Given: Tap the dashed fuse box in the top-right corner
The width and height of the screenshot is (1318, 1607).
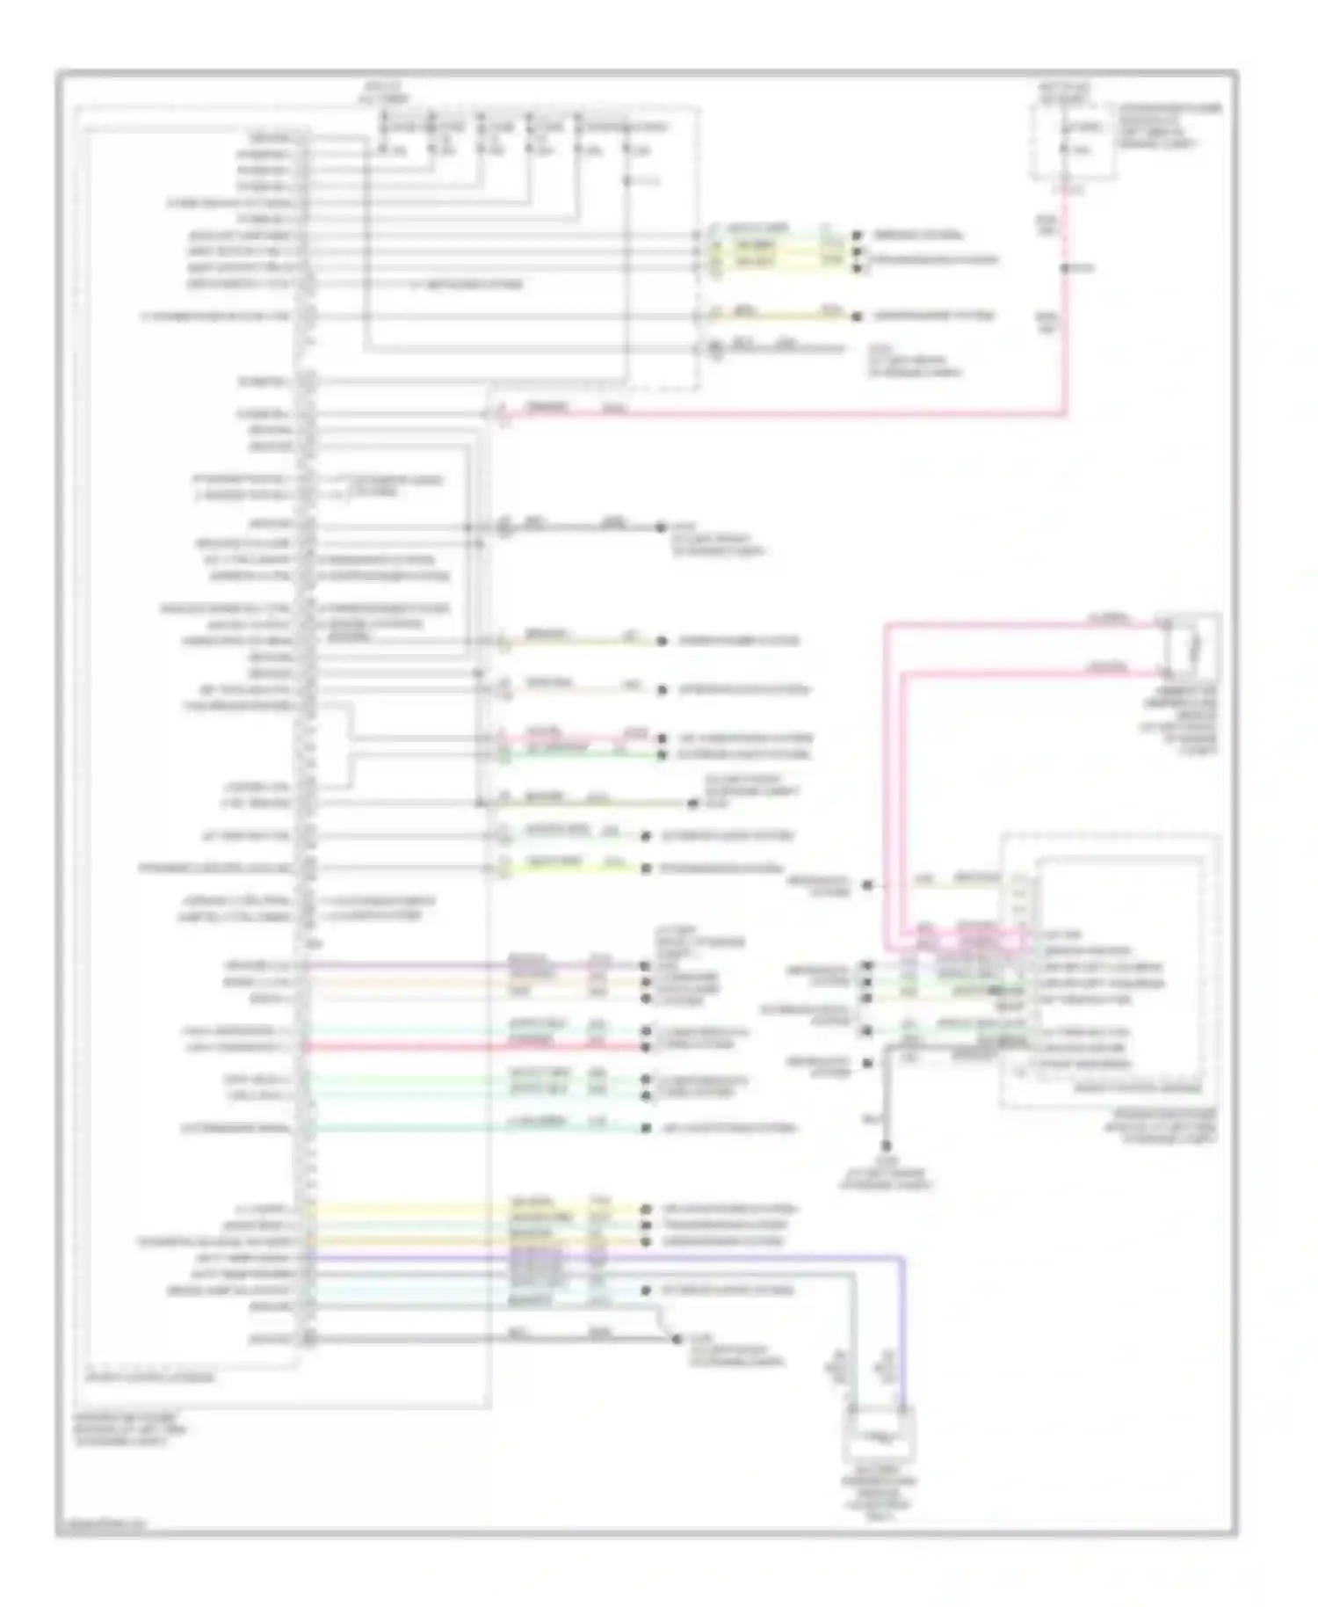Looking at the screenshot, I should coord(1073,141).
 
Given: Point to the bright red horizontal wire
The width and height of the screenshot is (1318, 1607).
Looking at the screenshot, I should coord(474,1047).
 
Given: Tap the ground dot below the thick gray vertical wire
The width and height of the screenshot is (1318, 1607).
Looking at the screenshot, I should coord(886,1146).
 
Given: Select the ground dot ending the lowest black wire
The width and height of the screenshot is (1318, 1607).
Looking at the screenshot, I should coord(676,1339).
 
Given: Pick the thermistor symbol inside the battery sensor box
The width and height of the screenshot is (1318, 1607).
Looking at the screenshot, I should coord(880,1438).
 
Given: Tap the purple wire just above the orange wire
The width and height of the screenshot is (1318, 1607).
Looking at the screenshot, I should coord(474,965).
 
